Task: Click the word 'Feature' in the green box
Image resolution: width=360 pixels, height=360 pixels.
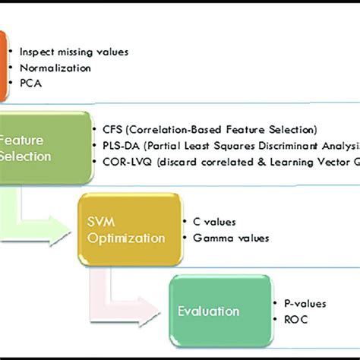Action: coord(23,140)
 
